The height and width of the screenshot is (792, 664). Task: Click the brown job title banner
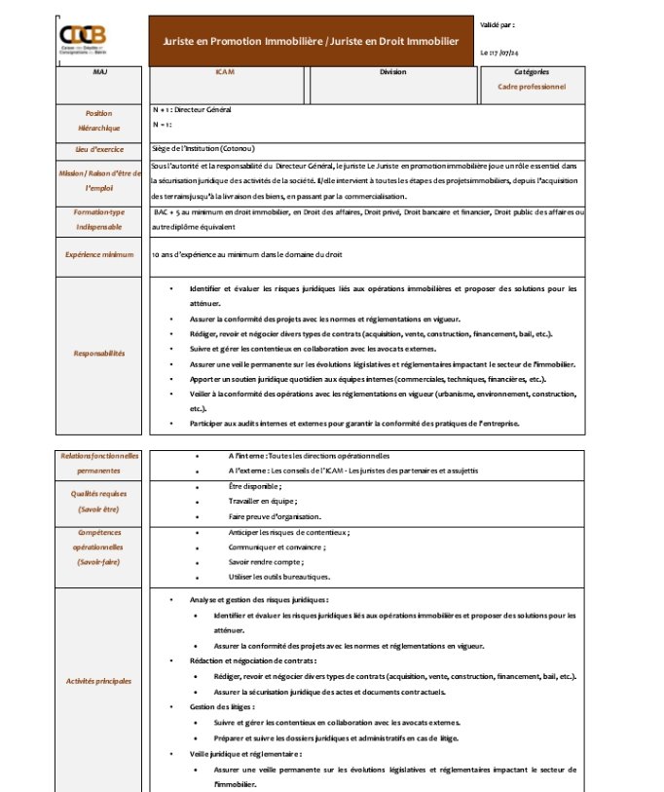click(311, 42)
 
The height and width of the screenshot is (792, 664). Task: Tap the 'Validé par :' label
click(498, 23)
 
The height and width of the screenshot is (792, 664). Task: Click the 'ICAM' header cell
click(225, 72)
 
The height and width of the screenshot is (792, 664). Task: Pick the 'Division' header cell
click(393, 72)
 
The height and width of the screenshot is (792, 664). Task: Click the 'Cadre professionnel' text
click(531, 87)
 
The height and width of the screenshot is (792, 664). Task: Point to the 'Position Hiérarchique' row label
click(99, 121)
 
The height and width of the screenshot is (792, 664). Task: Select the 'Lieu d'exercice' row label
click(99, 149)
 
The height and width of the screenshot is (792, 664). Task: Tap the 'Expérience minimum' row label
click(99, 254)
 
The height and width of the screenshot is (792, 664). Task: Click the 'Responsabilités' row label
click(99, 354)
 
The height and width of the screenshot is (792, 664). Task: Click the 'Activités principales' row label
click(99, 681)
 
